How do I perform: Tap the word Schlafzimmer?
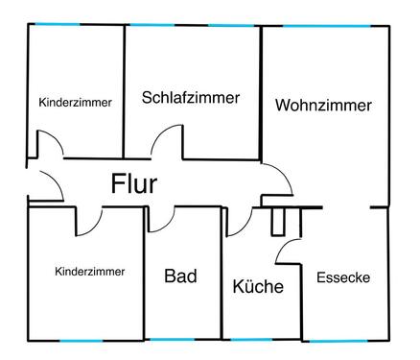tap(190, 98)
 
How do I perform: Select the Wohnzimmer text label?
tap(323, 107)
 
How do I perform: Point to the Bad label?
tap(180, 276)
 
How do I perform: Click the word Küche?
tap(258, 286)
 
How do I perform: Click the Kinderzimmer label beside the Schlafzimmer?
tap(76, 102)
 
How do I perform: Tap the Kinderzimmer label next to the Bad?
tap(90, 272)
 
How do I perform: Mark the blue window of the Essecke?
tap(345, 340)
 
